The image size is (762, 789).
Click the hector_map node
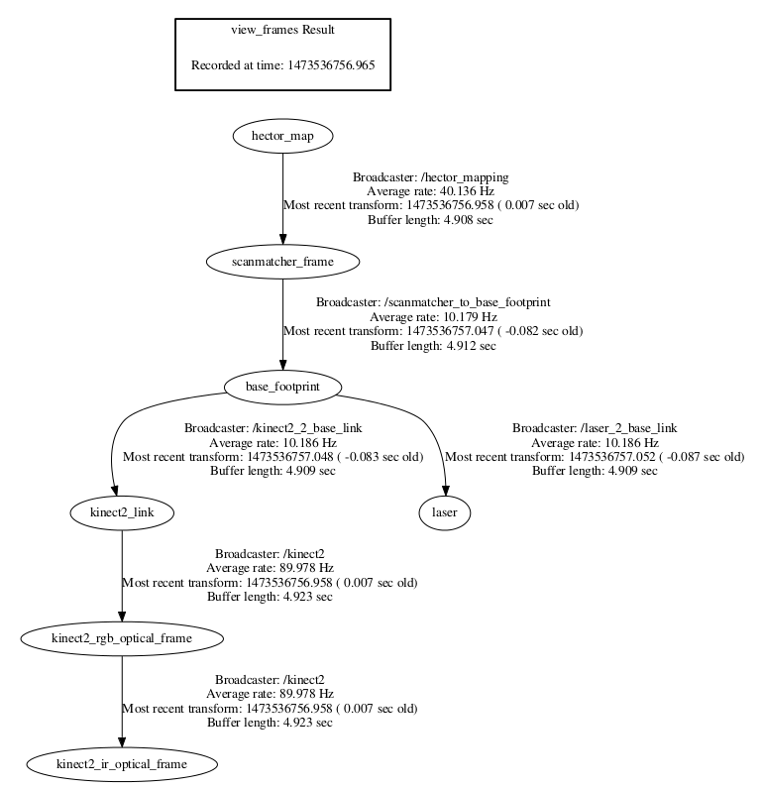282,136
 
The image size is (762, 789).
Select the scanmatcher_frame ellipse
282,261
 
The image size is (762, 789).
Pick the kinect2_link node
122,512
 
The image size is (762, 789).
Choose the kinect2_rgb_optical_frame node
122,638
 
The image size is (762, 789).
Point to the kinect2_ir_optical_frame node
122,764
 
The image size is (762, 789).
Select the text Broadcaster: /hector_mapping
430,177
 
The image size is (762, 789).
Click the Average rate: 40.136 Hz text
430,191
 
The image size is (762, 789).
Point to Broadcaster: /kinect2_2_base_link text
272,428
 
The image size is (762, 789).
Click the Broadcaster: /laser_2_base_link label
595,428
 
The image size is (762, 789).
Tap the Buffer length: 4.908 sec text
430,219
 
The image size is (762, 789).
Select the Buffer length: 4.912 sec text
433,345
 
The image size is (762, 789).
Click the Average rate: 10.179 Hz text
433,316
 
